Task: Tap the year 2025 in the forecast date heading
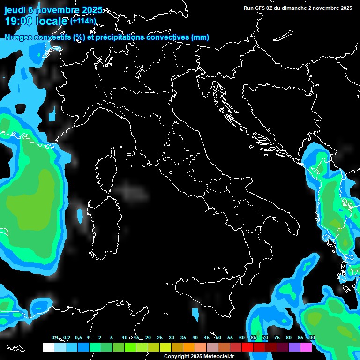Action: pyautogui.click(x=90, y=10)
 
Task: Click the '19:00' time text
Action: pyautogui.click(x=18, y=21)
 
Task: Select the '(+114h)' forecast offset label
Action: pyautogui.click(x=82, y=21)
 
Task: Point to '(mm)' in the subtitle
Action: pyautogui.click(x=200, y=37)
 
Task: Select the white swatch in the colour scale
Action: pyautogui.click(x=48, y=347)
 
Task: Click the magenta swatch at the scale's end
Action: pyautogui.click(x=306, y=347)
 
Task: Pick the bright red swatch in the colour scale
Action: pyautogui.click(x=247, y=347)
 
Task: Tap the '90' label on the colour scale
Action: pyautogui.click(x=312, y=338)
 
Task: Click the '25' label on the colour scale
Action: pyautogui.click(x=160, y=338)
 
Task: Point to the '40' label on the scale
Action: pyautogui.click(x=195, y=338)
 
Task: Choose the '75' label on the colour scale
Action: pyautogui.click(x=277, y=338)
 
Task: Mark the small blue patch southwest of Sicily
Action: pyautogui.click(x=195, y=313)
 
